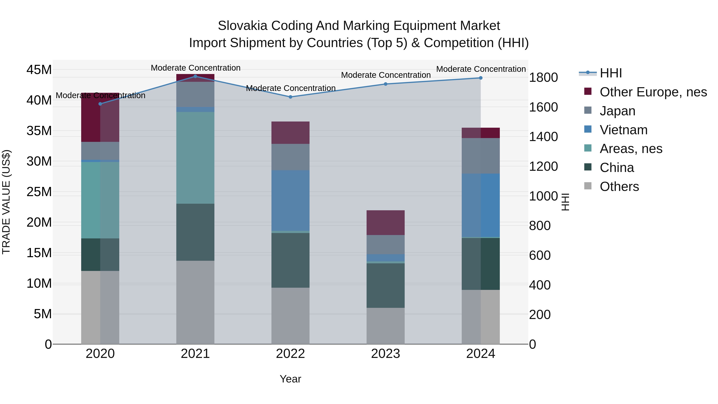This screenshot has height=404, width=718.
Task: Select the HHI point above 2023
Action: pos(386,84)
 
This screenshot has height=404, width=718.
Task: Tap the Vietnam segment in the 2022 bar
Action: pos(290,201)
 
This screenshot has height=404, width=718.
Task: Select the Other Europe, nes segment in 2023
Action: pos(386,223)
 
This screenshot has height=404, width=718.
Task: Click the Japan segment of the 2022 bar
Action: pos(290,157)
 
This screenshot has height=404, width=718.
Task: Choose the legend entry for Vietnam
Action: pos(623,130)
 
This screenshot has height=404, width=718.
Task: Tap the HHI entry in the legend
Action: pos(610,73)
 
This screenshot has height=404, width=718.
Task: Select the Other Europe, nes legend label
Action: pos(653,92)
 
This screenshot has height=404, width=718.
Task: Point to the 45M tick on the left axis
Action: pos(39,70)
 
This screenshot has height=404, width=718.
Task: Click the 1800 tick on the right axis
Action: pos(543,78)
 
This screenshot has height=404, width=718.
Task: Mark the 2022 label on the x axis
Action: pos(290,354)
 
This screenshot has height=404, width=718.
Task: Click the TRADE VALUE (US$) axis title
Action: pos(6,202)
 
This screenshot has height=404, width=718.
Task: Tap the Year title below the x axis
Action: pos(290,379)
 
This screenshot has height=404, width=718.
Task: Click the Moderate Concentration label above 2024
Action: pos(481,69)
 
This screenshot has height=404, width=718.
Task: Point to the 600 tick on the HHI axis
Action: pos(540,255)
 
